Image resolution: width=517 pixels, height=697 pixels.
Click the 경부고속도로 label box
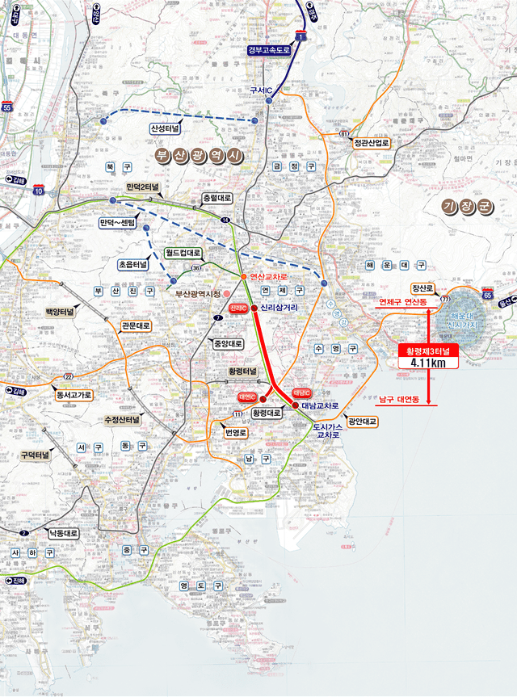[x=273, y=50]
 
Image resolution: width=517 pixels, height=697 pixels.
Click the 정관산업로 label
[x=372, y=143]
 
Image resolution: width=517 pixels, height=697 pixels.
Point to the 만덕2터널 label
[x=144, y=187]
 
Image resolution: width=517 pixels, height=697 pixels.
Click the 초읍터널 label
[x=132, y=264]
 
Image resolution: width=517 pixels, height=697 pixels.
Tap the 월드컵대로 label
[x=183, y=253]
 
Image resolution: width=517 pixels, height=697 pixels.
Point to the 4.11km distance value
[x=428, y=363]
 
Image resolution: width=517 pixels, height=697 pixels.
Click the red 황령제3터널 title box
[x=428, y=351]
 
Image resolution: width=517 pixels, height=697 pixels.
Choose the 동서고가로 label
[x=74, y=395]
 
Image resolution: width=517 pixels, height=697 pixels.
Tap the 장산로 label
[x=422, y=288]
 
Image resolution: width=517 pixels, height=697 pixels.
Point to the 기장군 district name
[x=468, y=207]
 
